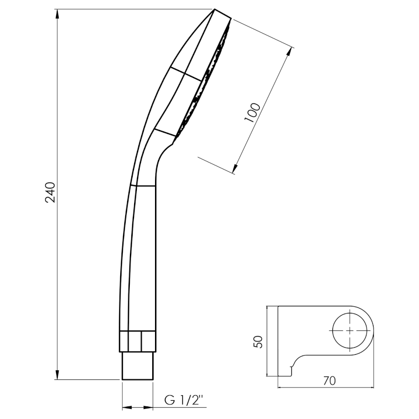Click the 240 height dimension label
pyautogui.click(x=50, y=192)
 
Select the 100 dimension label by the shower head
pyautogui.click(x=252, y=112)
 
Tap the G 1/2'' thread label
pyautogui.click(x=184, y=400)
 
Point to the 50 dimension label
pyautogui.click(x=258, y=342)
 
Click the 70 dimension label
pyautogui.click(x=329, y=381)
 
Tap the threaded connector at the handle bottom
pyautogui.click(x=138, y=365)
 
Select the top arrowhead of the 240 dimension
pyautogui.click(x=57, y=14)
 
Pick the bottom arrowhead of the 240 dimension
pyautogui.click(x=57, y=375)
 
